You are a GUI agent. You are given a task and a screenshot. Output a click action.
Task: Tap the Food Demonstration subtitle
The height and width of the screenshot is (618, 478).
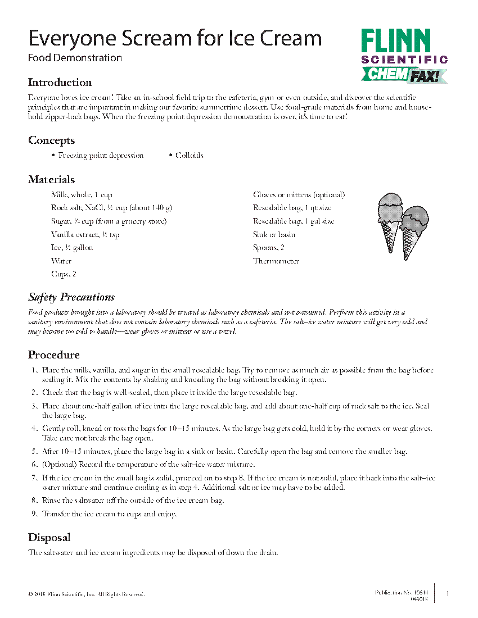(x=75, y=57)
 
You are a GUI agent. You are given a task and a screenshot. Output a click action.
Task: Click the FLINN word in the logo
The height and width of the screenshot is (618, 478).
(x=396, y=42)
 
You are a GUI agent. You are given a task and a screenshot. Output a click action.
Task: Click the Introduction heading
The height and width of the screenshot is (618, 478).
(x=60, y=83)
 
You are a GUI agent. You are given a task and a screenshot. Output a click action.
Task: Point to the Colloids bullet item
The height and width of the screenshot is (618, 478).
(x=189, y=156)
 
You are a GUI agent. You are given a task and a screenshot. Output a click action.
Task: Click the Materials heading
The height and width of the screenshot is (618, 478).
(x=51, y=180)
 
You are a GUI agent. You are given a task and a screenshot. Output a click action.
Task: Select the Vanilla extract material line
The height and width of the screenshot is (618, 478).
(x=85, y=235)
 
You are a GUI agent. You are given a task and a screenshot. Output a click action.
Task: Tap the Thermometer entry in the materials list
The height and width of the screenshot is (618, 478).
(x=276, y=261)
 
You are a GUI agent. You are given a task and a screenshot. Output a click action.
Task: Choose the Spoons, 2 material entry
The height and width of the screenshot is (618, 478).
(x=268, y=248)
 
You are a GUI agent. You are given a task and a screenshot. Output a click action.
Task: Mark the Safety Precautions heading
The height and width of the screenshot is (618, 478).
(x=71, y=297)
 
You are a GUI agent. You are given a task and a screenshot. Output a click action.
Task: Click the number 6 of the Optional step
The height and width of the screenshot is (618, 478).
(x=34, y=465)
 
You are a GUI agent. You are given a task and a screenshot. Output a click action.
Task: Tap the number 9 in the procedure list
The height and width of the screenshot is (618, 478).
(x=34, y=514)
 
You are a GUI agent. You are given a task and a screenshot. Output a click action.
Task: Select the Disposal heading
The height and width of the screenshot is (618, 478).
(x=49, y=538)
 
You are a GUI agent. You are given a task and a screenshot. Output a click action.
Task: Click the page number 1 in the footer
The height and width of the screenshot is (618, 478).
(x=447, y=594)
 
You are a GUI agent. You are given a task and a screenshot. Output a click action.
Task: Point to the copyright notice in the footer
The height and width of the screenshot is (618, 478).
(x=86, y=594)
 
